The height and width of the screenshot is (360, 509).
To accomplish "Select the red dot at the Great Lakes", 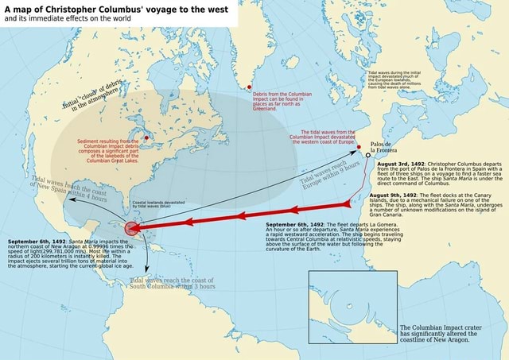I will click(146, 124).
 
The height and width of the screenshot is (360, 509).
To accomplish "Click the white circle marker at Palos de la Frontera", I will click(368, 156).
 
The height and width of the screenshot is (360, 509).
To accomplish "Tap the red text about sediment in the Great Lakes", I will click(111, 148).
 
